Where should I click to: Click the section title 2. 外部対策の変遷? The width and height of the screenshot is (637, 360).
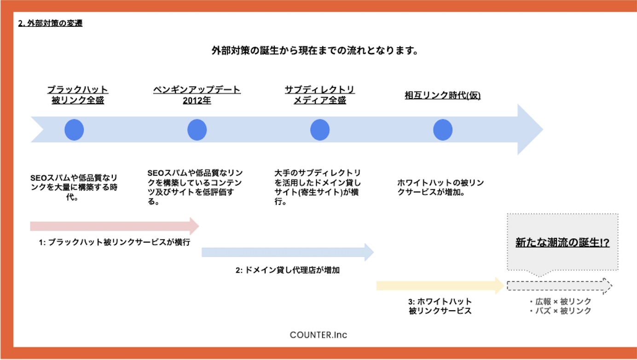(50, 23)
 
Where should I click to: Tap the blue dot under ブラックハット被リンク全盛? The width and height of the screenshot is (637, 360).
(74, 130)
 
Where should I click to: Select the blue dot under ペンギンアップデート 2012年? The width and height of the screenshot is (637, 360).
(197, 130)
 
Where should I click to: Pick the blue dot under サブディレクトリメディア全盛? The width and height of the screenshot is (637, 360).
(320, 130)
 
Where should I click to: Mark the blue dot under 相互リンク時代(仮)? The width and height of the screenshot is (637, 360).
(443, 130)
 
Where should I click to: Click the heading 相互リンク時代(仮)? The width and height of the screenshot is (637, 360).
(443, 95)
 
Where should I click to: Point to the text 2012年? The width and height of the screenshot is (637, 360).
(197, 100)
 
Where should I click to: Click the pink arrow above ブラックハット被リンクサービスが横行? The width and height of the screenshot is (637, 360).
(115, 226)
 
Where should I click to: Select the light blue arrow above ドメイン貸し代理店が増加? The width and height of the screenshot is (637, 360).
(288, 252)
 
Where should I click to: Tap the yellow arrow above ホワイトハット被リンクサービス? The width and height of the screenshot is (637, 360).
(440, 286)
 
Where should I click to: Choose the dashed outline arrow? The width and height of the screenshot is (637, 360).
(559, 286)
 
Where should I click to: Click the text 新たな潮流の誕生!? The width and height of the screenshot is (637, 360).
(562, 243)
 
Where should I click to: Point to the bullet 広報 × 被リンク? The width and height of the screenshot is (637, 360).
(561, 301)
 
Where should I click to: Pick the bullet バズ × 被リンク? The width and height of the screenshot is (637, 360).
(561, 311)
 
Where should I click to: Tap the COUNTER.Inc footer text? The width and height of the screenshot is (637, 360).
(318, 335)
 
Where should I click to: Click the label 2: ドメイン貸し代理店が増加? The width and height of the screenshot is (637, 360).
(288, 270)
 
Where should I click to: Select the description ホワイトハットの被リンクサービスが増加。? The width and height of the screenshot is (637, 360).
(440, 187)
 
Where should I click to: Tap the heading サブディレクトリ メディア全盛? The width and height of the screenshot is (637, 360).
(320, 95)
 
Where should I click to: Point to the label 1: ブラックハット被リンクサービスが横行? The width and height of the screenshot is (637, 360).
(115, 242)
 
